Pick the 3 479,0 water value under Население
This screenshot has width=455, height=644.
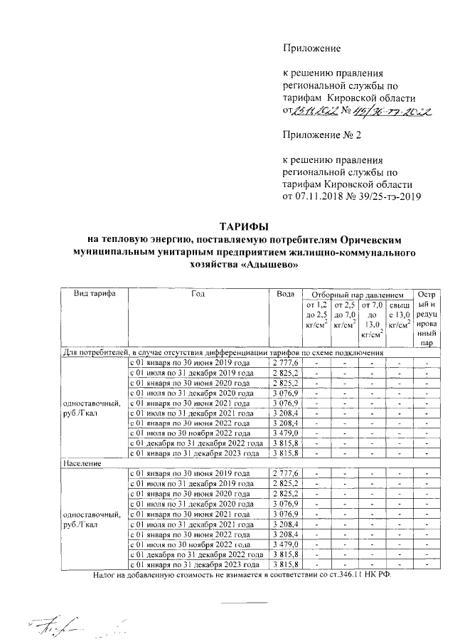pyautogui.click(x=285, y=544)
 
